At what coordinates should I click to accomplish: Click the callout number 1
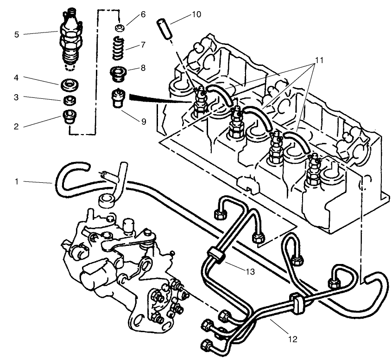tap(17, 182)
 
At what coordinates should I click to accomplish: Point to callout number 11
tap(319, 60)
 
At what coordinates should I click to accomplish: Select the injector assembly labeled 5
tap(71, 39)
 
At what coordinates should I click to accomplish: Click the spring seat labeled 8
tap(119, 73)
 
